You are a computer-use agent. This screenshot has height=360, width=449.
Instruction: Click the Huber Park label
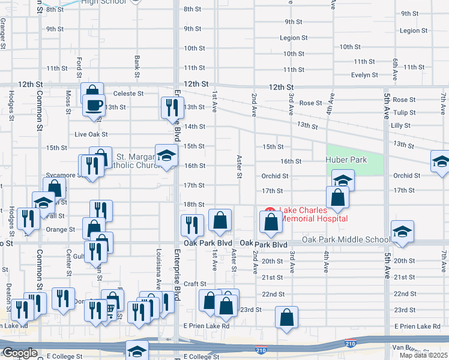(345, 160)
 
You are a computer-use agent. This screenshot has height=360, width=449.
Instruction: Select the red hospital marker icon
(270, 211)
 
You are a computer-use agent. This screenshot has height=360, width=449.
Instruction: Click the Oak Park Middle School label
(346, 239)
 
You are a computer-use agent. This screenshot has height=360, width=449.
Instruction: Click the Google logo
(19, 353)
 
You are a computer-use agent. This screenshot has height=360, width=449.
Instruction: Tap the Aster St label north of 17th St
(239, 166)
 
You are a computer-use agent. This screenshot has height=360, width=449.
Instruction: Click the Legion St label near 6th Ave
(413, 31)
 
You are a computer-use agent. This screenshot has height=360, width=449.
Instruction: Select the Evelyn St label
(364, 75)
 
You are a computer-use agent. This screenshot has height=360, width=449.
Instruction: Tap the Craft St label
(195, 284)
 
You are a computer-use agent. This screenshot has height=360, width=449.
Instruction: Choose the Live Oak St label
(91, 134)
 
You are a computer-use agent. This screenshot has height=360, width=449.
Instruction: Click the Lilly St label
(400, 125)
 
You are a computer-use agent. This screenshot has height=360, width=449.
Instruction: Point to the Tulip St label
(404, 112)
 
